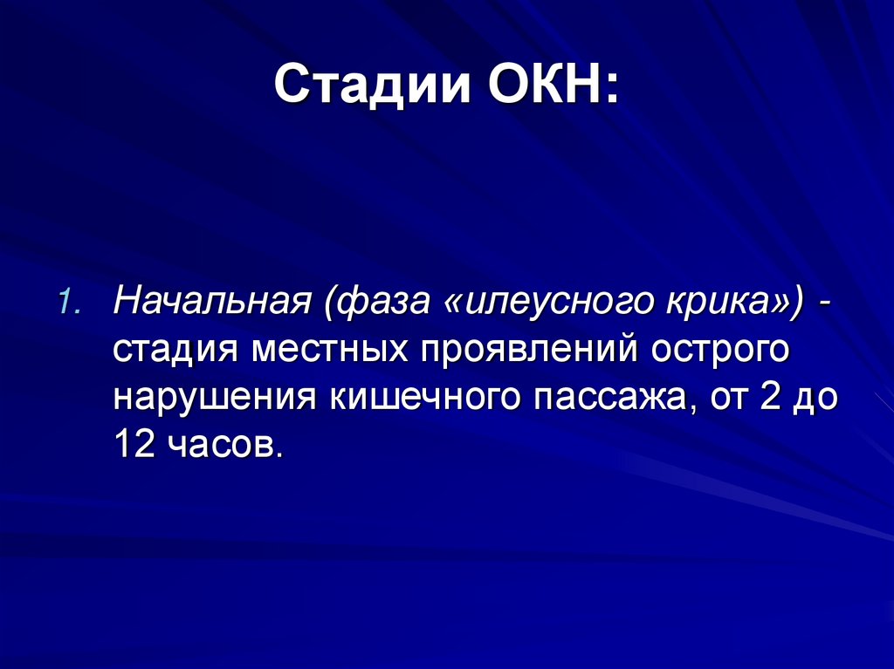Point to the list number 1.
(70, 303)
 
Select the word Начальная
(210, 303)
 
